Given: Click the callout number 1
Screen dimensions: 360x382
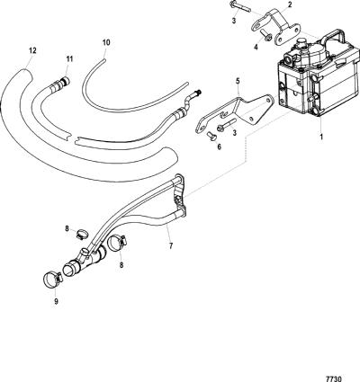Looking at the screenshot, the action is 321,138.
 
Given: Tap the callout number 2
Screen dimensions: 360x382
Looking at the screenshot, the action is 290,4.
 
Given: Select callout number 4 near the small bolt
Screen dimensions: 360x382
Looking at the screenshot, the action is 256,48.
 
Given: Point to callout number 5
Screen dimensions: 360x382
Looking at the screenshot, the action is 238,81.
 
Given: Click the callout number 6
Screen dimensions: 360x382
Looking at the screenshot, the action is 219,147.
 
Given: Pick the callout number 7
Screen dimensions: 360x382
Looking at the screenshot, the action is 171,246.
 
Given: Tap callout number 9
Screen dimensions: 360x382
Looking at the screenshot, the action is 56,302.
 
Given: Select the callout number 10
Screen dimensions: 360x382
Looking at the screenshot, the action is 106,42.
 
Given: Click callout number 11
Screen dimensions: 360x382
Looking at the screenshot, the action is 69,59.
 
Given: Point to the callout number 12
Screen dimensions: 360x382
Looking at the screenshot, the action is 32,50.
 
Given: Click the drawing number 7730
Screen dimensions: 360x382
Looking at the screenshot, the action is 334,377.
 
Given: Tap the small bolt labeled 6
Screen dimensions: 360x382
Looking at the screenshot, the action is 210,137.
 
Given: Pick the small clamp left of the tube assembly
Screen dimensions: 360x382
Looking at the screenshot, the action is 81,234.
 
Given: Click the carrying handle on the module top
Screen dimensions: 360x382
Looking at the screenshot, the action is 336,35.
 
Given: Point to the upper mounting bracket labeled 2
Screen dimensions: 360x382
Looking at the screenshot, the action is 276,28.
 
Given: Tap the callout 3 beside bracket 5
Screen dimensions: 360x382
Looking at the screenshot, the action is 234,131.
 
